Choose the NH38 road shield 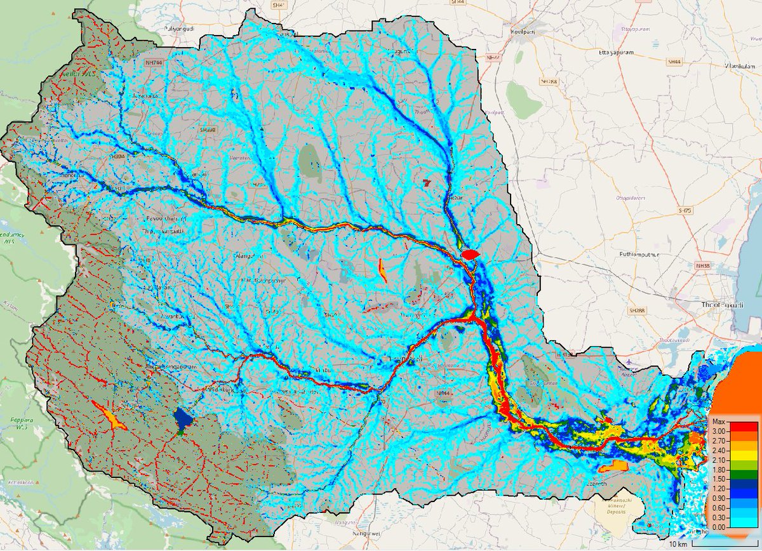pyautogui.click(x=702, y=265)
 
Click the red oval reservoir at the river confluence pyautogui.click(x=469, y=254)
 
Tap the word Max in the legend pyautogui.click(x=718, y=422)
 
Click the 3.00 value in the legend pyautogui.click(x=718, y=432)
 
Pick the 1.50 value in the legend pyautogui.click(x=718, y=479)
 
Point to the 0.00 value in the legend pyautogui.click(x=718, y=527)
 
